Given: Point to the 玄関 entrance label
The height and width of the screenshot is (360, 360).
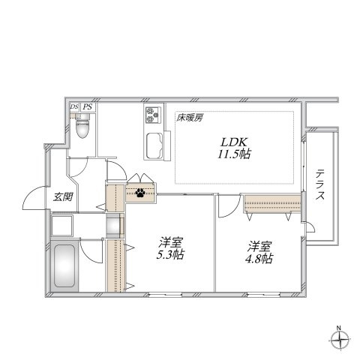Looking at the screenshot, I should point(62,197).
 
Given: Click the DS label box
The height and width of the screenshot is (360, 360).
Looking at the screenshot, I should point(74,107).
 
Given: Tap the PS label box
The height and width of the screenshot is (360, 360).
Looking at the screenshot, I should point(88,107).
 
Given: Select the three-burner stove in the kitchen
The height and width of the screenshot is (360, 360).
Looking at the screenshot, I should point(154,116).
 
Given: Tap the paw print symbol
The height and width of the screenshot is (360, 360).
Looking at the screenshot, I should point(140,193).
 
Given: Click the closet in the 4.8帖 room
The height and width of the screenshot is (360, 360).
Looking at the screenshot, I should point(271,203).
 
